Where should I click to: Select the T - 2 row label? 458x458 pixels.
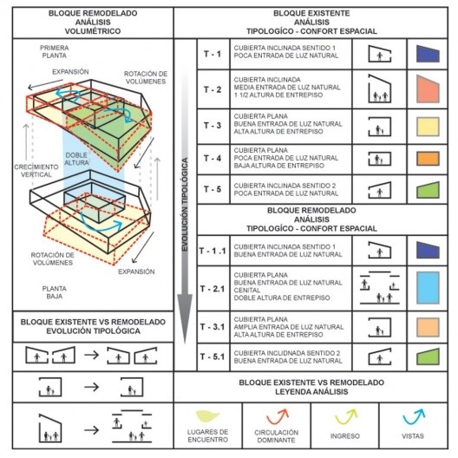coord(212,88)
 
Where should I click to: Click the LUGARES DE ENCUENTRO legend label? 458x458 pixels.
coord(209,435)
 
